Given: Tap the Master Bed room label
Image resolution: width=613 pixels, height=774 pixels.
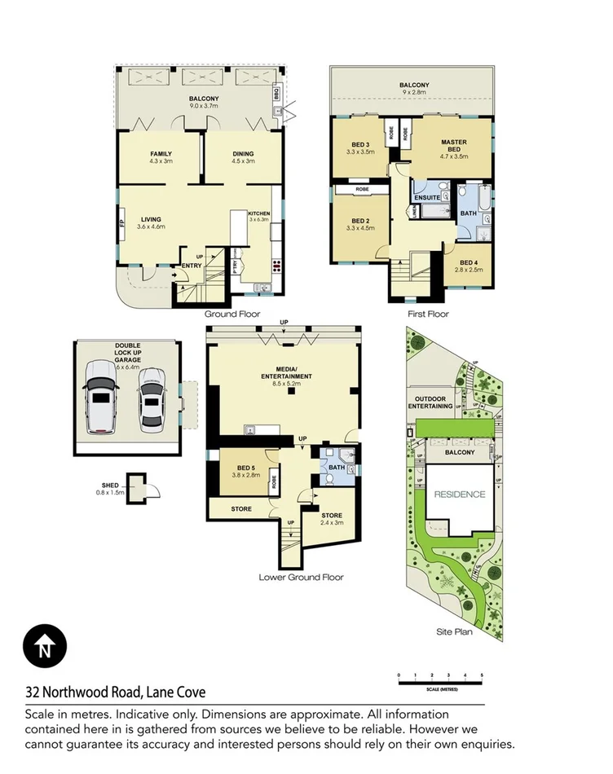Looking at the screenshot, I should point(454,147).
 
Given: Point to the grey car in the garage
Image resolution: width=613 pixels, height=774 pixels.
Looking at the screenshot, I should point(151,398).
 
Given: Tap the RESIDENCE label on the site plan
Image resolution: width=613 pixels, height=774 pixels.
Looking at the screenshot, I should point(459,495).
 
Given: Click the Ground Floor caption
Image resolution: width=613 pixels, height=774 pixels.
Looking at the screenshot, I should point(232,314).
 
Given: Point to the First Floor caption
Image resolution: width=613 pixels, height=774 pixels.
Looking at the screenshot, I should point(429,314).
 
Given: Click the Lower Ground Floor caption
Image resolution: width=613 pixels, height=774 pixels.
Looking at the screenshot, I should point(301,577).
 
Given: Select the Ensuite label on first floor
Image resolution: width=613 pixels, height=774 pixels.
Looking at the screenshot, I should point(427,198).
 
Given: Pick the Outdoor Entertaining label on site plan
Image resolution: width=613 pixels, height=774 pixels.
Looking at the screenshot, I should point(430,402).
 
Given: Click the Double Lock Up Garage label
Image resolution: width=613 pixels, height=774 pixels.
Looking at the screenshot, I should point(127,350).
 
